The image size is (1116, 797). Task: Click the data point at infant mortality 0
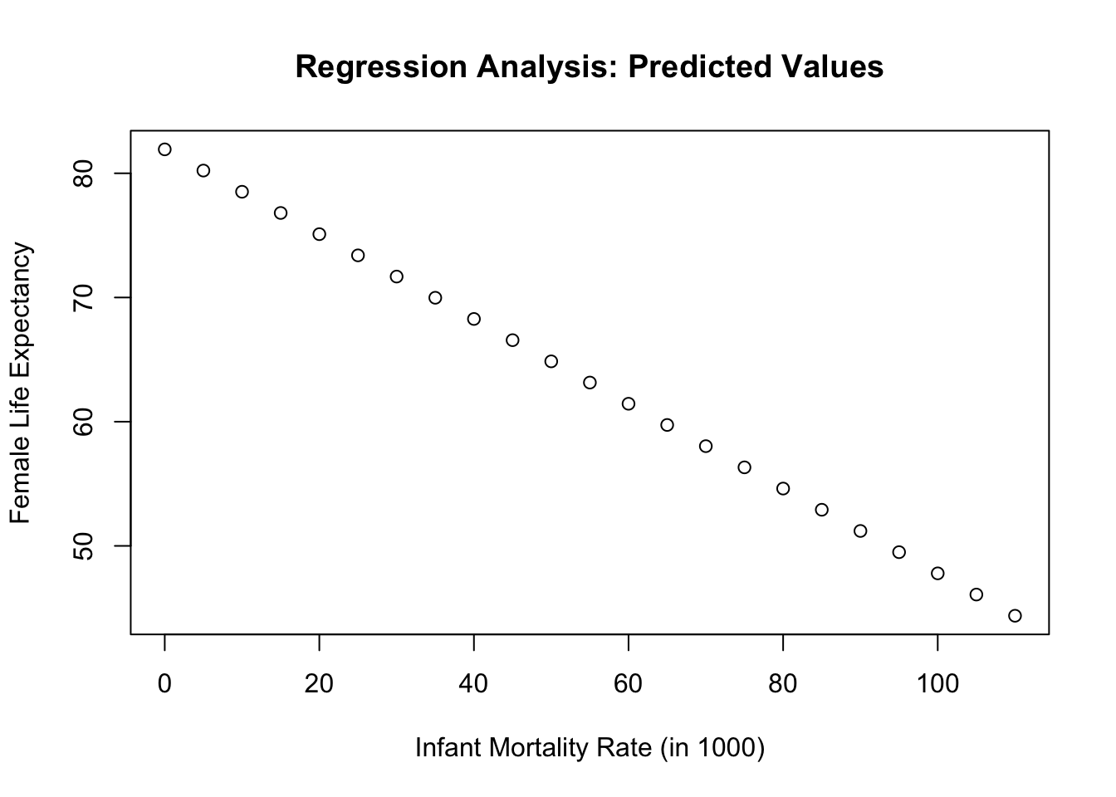tap(164, 144)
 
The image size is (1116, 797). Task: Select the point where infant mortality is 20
tap(320, 228)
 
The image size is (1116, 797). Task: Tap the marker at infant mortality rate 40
tap(474, 313)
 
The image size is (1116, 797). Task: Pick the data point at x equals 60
tap(629, 398)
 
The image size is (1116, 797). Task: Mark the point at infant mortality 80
tap(783, 482)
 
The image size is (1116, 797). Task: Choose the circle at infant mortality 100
tap(937, 567)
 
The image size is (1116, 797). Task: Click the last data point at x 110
tap(1015, 609)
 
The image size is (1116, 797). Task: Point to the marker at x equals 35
tap(435, 291)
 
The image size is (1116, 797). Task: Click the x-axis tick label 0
tap(164, 684)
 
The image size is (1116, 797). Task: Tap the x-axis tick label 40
tap(473, 684)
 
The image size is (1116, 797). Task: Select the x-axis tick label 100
tap(937, 684)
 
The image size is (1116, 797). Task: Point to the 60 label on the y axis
tap(83, 422)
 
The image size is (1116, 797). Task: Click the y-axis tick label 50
tap(83, 546)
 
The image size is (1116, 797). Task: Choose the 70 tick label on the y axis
tap(83, 298)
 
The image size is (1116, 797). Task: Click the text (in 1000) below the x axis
tap(712, 748)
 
